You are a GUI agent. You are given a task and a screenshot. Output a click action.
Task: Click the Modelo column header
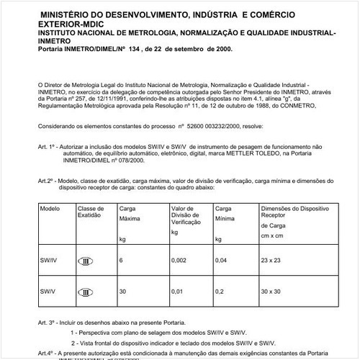tap(50, 207)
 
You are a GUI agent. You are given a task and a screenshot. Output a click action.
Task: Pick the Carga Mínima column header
tap(225, 210)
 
